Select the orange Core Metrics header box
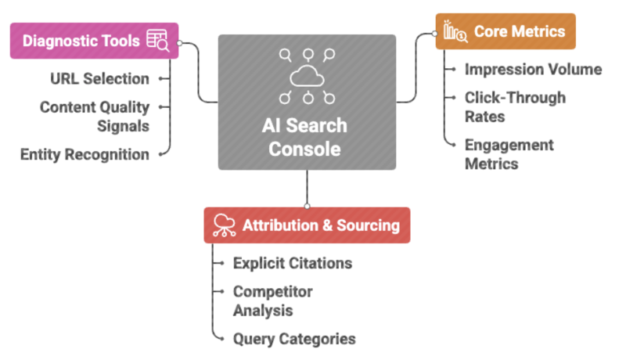pos(505,31)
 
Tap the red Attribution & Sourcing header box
pos(307,225)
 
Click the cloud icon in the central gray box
pos(307,76)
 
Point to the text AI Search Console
pos(305,136)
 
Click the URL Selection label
pos(99,78)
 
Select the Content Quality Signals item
pos(95,116)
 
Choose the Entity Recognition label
pos(85,154)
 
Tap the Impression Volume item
pos(533,69)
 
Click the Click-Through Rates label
pos(514,107)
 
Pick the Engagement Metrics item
pos(509,154)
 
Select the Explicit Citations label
pos(292,263)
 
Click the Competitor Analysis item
pos(272,301)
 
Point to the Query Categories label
pos(294,339)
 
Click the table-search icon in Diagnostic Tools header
pos(157,41)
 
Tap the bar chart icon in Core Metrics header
pos(455,31)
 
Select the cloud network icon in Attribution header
pos(224,225)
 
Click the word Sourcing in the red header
pos(368,225)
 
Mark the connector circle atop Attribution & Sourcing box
pos(307,207)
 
